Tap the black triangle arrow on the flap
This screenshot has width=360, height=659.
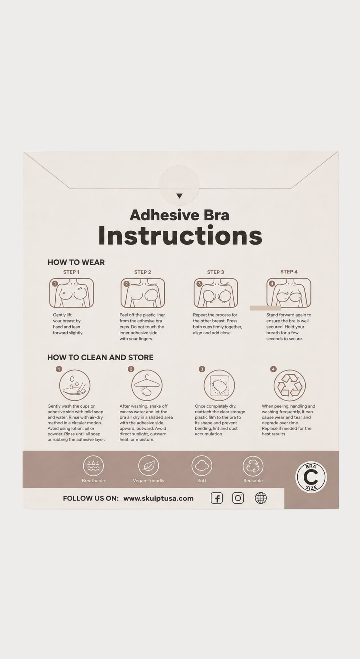click(180, 196)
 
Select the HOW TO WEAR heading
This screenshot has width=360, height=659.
click(76, 262)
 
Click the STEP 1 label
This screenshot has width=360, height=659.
click(71, 272)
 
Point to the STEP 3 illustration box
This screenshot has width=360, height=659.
click(216, 293)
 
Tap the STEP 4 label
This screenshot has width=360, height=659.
click(289, 272)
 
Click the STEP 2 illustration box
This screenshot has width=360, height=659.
click(143, 293)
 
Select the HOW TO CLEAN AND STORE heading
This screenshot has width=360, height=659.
click(100, 357)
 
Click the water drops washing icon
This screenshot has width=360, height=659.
click(75, 385)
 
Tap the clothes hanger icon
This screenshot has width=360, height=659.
click(147, 385)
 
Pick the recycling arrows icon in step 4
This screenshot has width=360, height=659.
click(290, 385)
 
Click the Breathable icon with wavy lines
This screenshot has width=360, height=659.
click(93, 466)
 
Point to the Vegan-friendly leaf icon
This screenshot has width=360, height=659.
click(149, 466)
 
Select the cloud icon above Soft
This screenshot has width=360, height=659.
click(202, 466)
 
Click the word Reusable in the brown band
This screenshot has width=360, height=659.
click(253, 481)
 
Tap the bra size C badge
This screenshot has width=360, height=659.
click(311, 477)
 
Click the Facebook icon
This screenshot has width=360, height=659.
click(217, 498)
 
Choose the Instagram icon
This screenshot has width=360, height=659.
click(238, 498)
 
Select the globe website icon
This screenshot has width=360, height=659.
click(261, 498)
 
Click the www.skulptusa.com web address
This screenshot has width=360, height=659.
click(159, 498)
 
